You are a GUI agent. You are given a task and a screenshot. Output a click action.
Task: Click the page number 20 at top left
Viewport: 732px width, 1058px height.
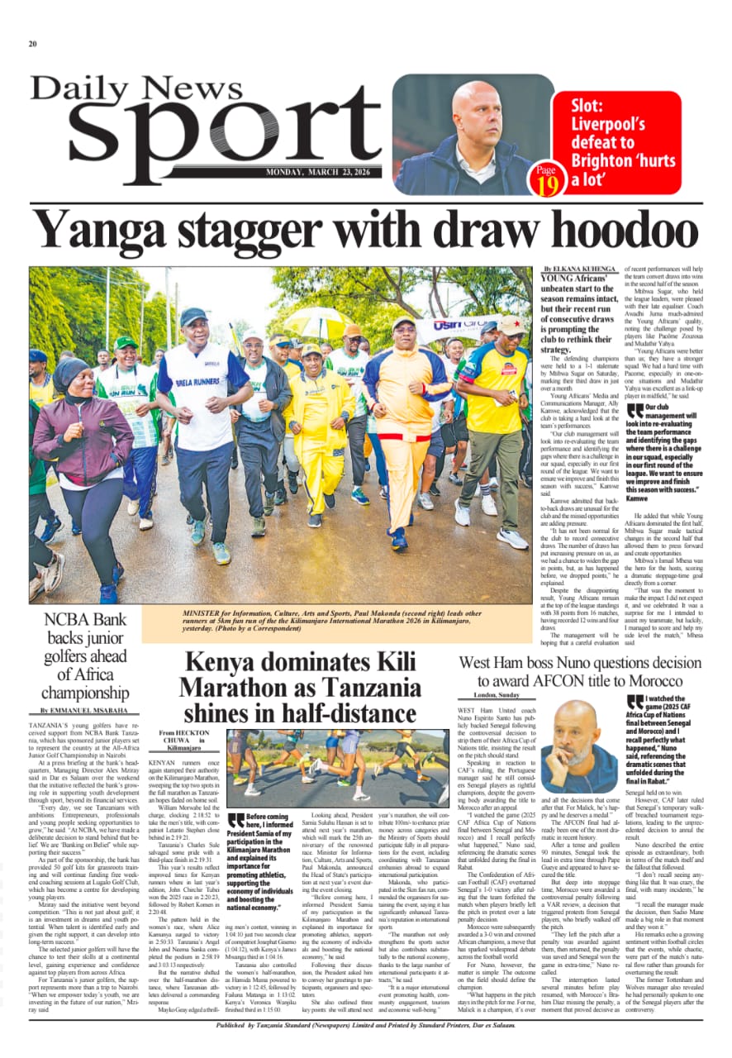coord(33,44)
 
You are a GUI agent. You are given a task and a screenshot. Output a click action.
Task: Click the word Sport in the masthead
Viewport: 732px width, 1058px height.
coord(207,133)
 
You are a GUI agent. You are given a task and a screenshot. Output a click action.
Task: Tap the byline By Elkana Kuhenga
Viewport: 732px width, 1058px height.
coord(580,269)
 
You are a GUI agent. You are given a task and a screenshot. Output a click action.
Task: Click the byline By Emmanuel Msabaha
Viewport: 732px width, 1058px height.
coord(84,710)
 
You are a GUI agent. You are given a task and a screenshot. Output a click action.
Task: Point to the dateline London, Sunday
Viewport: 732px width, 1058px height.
coord(497,696)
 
